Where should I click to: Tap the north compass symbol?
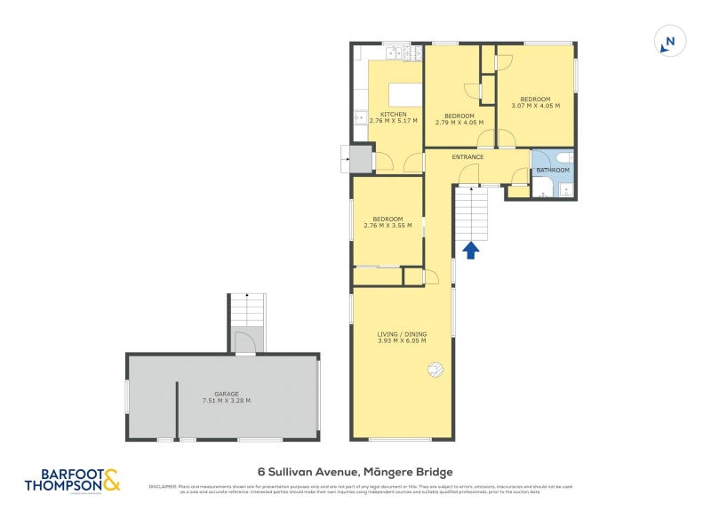(x=670, y=42)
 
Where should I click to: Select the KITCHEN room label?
(x=394, y=115)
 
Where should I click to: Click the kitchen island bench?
(x=395, y=92)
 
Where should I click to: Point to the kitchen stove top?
(x=411, y=52)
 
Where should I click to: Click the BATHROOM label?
(x=552, y=170)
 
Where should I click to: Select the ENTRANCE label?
(x=467, y=157)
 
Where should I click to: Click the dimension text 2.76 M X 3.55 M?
(x=387, y=226)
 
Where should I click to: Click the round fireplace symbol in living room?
(x=435, y=369)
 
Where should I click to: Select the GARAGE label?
(x=227, y=393)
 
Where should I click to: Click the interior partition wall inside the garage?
(x=177, y=409)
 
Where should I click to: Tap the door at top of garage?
(x=246, y=339)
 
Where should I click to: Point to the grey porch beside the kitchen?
(x=360, y=160)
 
